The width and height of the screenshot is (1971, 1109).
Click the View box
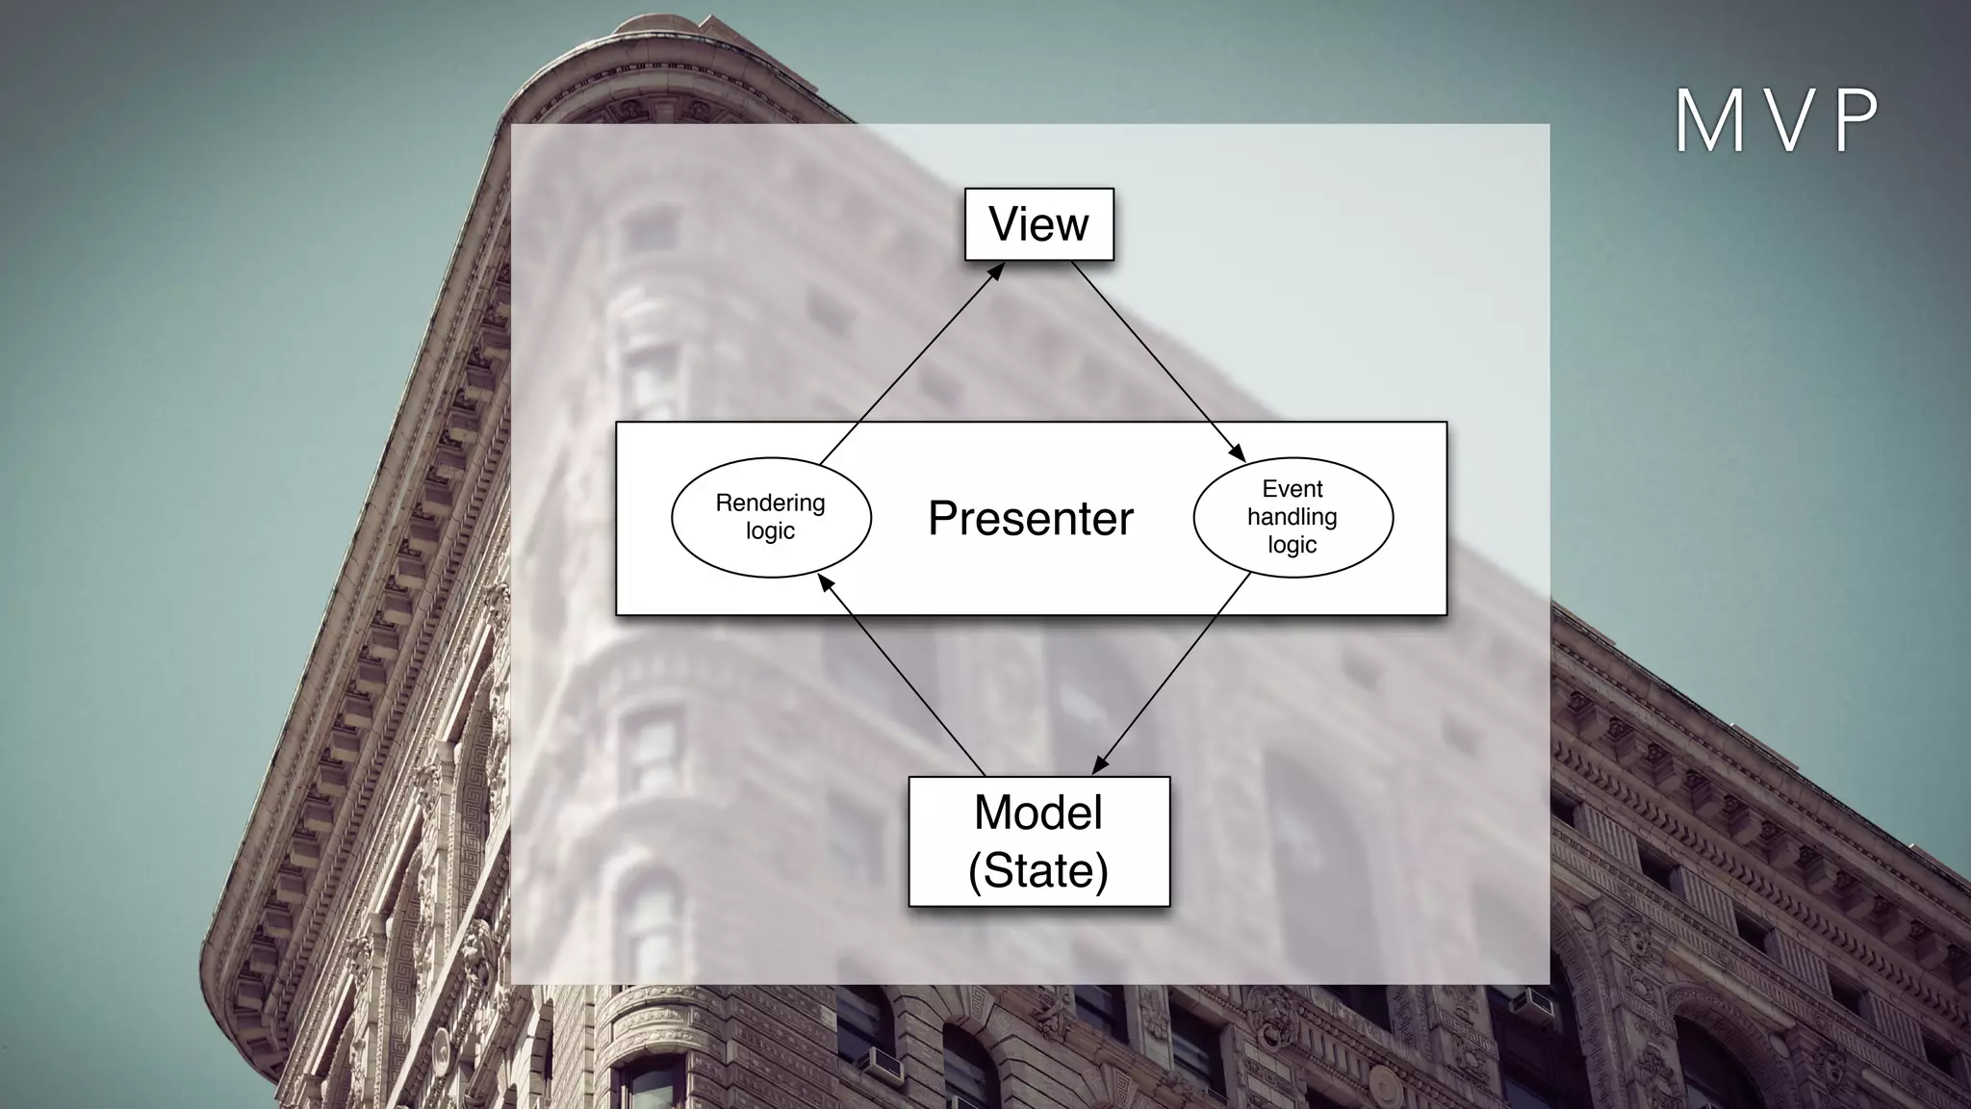tap(1038, 224)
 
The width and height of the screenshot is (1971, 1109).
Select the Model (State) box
tap(1038, 841)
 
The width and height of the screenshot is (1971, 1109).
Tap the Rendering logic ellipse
tap(771, 517)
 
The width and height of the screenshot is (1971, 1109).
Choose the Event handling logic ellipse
tap(1293, 517)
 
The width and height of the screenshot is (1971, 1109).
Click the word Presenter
tap(1031, 519)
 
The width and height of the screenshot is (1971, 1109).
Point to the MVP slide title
tap(1777, 122)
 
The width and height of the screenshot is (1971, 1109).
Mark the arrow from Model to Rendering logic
tap(902, 674)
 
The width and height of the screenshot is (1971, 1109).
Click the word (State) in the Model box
tap(1038, 870)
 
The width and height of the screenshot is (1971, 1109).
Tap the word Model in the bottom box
tap(1038, 812)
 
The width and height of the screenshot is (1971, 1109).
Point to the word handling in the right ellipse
tap(1293, 517)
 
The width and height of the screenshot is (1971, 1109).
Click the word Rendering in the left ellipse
tap(771, 503)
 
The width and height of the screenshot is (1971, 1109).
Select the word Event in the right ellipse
tap(1293, 489)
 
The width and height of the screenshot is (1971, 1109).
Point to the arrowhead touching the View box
tap(995, 271)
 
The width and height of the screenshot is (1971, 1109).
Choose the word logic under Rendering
tap(771, 530)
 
